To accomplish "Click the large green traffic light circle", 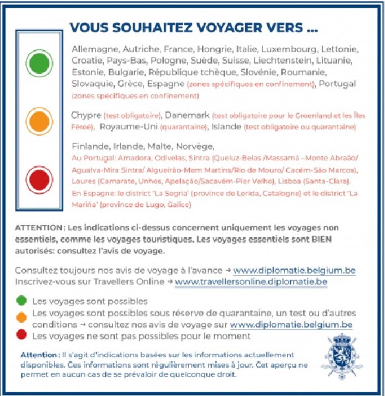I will coord(38,63).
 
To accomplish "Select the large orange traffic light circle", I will coord(38,121).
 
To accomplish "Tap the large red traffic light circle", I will coord(38,180).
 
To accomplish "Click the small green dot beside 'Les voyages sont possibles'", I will coord(22,301).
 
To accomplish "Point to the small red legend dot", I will coord(22,336).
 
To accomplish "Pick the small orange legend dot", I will coord(22,317).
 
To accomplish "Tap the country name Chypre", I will coord(87,115).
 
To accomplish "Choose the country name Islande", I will coord(226,127).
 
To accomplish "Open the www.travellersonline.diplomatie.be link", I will coord(251,282).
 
